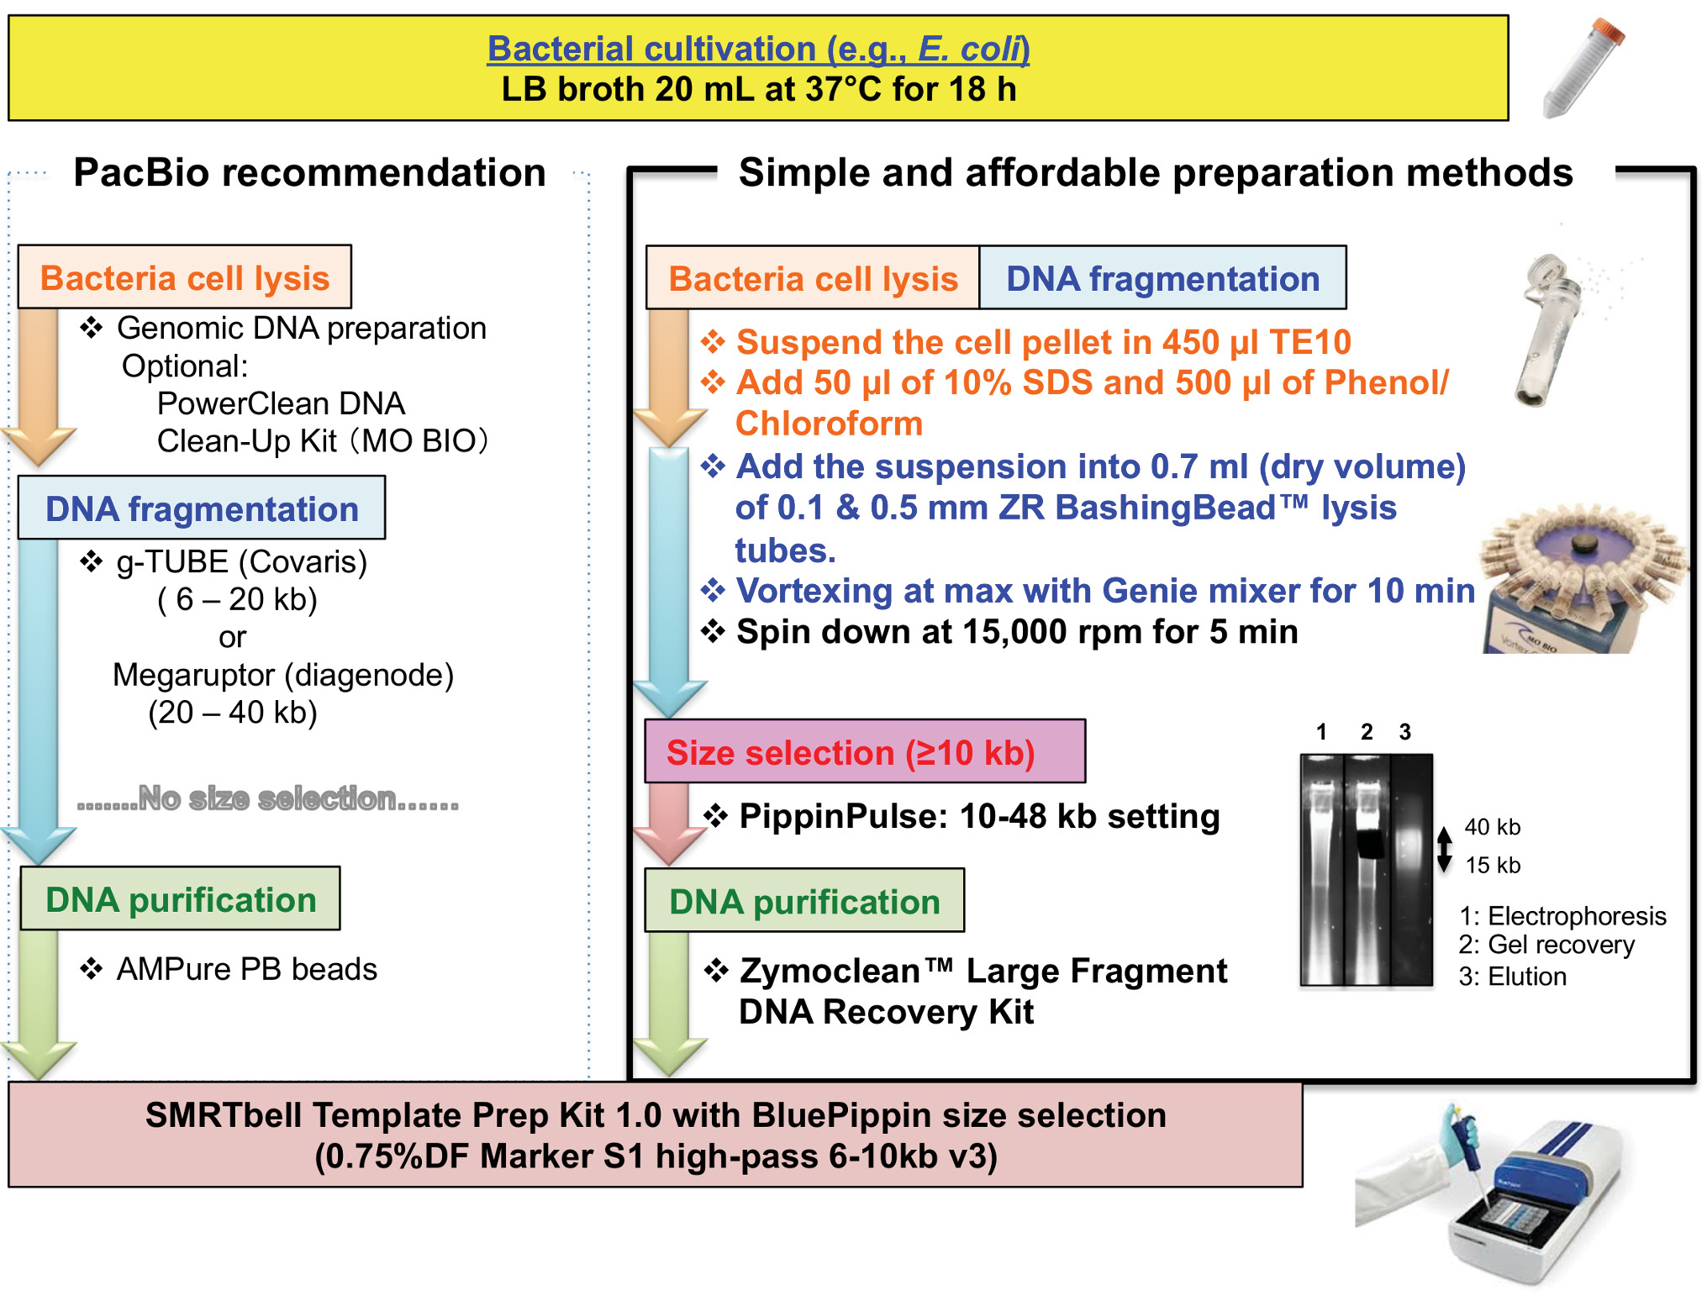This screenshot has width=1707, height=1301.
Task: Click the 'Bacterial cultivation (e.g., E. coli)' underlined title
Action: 758,49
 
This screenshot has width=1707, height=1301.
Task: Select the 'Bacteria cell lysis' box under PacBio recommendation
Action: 185,277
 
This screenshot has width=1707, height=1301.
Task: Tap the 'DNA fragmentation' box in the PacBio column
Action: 202,508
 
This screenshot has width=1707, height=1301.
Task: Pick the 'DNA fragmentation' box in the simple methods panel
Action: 1162,278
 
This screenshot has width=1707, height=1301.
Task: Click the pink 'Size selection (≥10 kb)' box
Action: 865,751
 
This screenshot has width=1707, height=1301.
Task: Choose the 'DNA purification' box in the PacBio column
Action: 181,899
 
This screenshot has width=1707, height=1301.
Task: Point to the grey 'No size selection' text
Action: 268,798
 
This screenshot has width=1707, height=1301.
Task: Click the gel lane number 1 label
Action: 1321,732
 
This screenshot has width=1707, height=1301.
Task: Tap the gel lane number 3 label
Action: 1404,732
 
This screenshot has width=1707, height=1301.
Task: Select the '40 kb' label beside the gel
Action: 1492,827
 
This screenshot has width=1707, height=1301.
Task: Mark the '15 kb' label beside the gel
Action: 1493,865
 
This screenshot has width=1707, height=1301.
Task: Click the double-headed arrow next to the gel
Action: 1444,849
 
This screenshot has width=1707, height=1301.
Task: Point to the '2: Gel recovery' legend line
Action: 1546,945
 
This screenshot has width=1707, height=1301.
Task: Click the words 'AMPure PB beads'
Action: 246,969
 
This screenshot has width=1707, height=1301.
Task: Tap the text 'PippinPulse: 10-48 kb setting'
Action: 979,816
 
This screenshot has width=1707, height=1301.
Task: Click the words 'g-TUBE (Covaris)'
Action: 242,561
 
